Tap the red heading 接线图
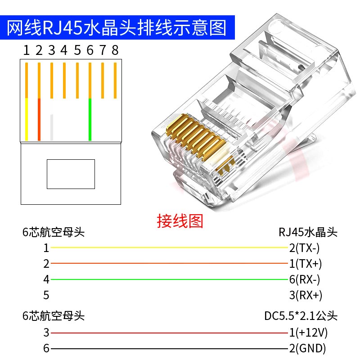(x=180, y=221)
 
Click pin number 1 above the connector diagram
(x=27, y=50)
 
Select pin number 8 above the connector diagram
(x=115, y=50)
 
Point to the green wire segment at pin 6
(x=90, y=119)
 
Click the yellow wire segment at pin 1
(x=27, y=119)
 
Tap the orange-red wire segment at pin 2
(x=39, y=119)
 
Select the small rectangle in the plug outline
(x=71, y=174)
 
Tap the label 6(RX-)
(x=305, y=279)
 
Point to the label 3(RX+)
(x=306, y=295)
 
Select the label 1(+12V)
(x=308, y=333)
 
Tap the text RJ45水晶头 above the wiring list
(x=308, y=232)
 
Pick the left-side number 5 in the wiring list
(x=46, y=295)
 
